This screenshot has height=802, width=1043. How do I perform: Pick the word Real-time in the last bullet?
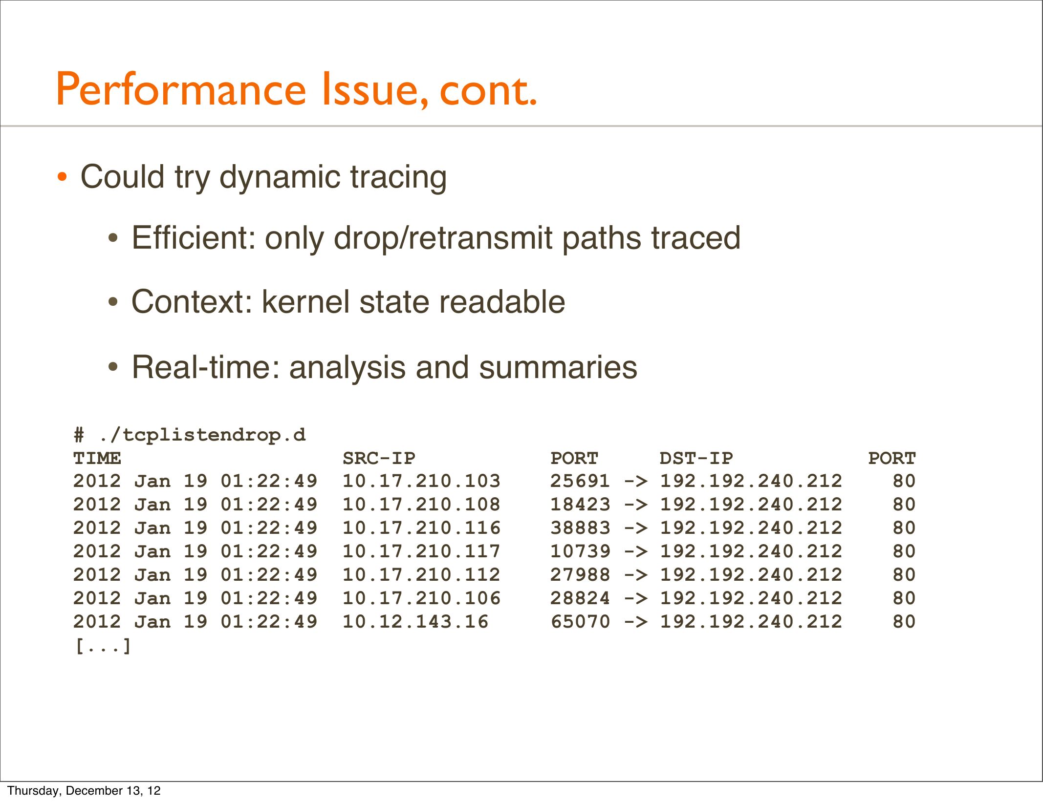point(206,367)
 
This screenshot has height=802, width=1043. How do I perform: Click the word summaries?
point(558,367)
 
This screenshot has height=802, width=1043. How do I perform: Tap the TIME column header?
point(97,458)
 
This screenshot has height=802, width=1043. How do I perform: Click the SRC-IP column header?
point(379,458)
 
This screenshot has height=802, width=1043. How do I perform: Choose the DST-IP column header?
point(696,458)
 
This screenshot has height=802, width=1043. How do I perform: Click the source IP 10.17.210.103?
point(421,481)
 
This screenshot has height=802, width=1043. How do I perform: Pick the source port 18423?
point(580,505)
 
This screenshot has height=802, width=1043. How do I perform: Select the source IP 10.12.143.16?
point(415,622)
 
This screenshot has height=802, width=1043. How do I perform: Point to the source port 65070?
point(580,622)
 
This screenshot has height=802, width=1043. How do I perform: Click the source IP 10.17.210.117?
point(421,551)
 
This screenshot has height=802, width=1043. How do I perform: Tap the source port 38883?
point(580,528)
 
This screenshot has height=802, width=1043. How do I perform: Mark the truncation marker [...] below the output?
point(103,646)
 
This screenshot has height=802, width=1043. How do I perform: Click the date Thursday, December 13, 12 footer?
point(84,791)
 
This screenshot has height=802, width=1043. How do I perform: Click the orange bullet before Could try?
point(62,177)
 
